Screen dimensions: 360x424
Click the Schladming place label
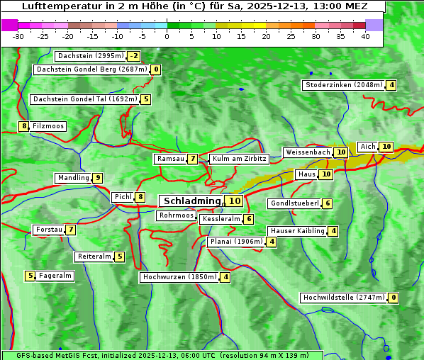click(191, 201)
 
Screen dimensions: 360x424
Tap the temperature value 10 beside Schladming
click(235, 201)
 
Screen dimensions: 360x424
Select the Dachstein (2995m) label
click(90, 56)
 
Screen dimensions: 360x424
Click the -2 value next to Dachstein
click(134, 56)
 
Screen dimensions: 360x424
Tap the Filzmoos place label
click(48, 126)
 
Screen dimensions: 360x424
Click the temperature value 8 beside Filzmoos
click(24, 126)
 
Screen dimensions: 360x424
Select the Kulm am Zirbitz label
click(238, 159)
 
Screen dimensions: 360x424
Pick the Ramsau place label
click(170, 159)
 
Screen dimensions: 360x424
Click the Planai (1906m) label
click(236, 242)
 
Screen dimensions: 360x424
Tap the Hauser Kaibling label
click(296, 231)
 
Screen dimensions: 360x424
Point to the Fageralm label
click(55, 276)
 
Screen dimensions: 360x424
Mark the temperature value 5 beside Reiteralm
click(120, 257)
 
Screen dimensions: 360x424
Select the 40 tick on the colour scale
click(365, 36)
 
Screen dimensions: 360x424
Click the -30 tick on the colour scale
click(18, 36)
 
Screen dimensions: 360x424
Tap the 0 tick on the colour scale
click(167, 36)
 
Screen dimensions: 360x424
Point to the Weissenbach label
click(307, 152)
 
